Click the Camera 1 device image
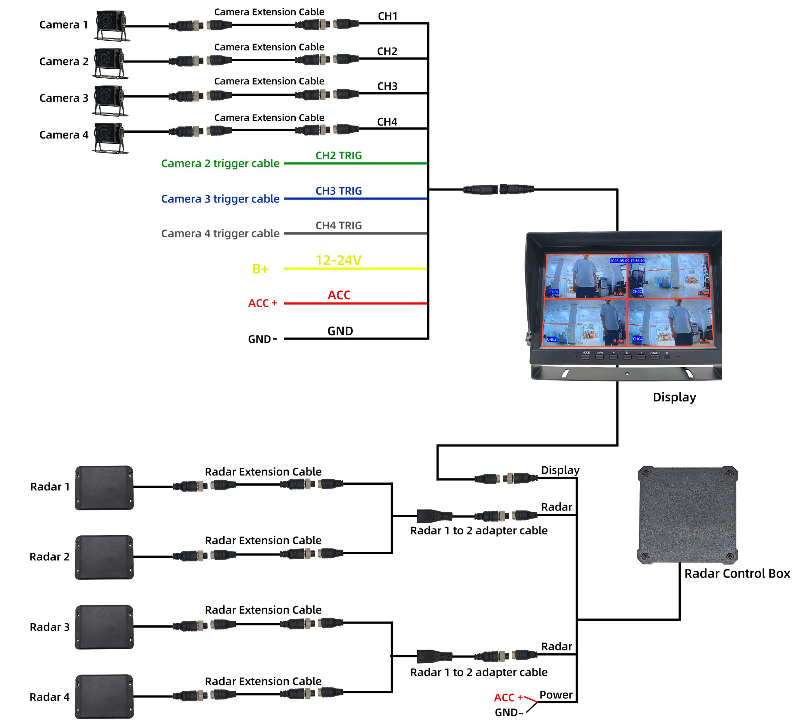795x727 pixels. pyautogui.click(x=111, y=25)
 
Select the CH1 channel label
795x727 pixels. pyautogui.click(x=387, y=16)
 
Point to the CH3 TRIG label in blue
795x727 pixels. pyautogui.click(x=338, y=191)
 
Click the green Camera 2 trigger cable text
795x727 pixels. pyautogui.click(x=220, y=163)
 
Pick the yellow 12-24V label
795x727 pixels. pyautogui.click(x=338, y=260)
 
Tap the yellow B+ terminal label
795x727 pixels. pyautogui.click(x=260, y=269)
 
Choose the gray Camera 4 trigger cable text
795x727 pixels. pyautogui.click(x=220, y=234)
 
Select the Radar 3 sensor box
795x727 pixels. pyautogui.click(x=104, y=627)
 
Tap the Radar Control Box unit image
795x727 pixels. pyautogui.click(x=687, y=515)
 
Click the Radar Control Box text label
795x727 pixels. pyautogui.click(x=737, y=573)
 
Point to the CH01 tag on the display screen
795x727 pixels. pyautogui.click(x=554, y=292)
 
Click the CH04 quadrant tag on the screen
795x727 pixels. pyautogui.click(x=637, y=339)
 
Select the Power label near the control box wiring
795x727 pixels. pyautogui.click(x=556, y=695)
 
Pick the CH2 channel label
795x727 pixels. pyautogui.click(x=387, y=51)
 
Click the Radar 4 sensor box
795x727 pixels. pyautogui.click(x=104, y=696)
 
